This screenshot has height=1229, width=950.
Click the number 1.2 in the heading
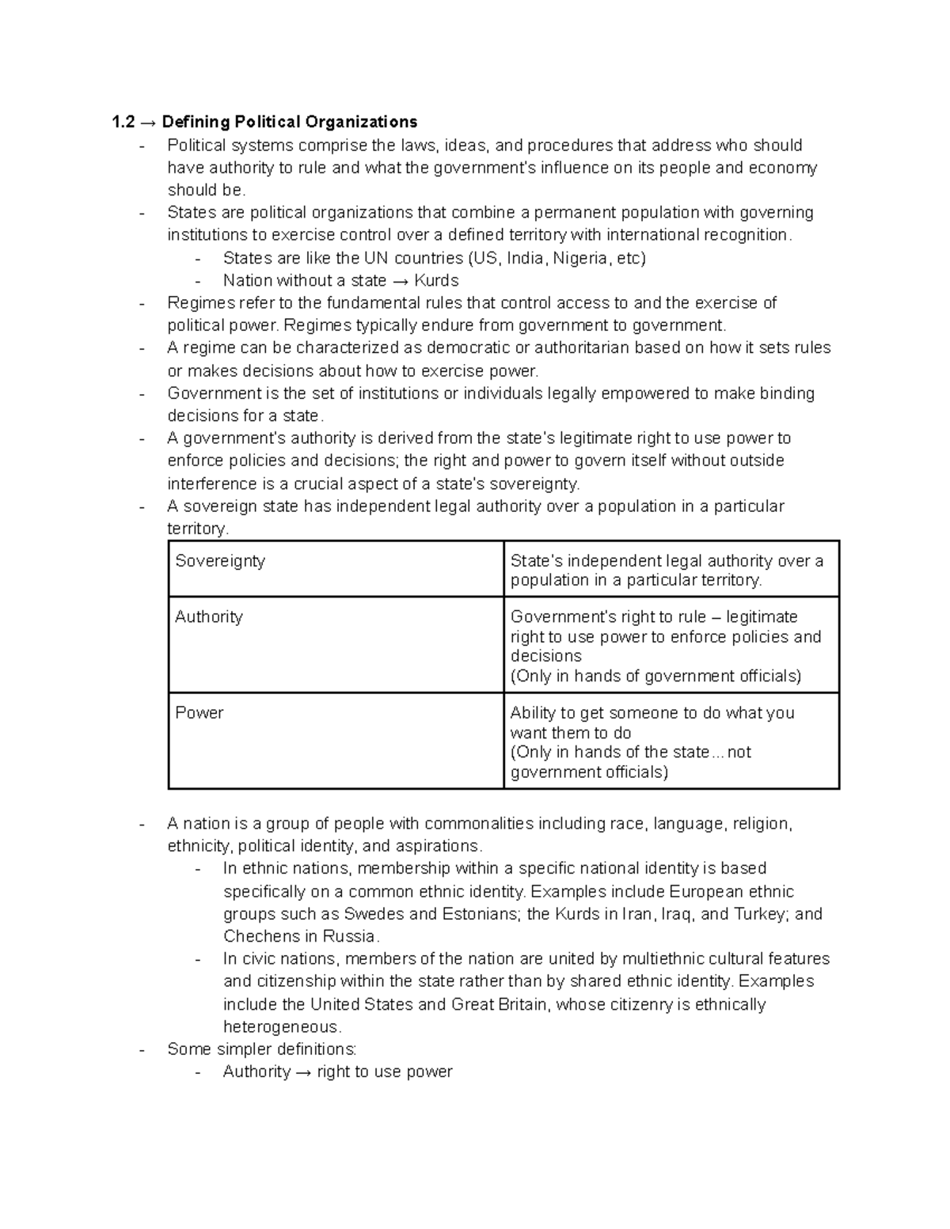coord(123,122)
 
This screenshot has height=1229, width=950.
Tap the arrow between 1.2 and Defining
coord(148,122)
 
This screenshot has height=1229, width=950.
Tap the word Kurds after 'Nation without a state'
coord(436,281)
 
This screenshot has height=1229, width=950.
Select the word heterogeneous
coord(282,1027)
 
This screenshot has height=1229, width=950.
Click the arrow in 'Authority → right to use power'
coord(304,1072)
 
